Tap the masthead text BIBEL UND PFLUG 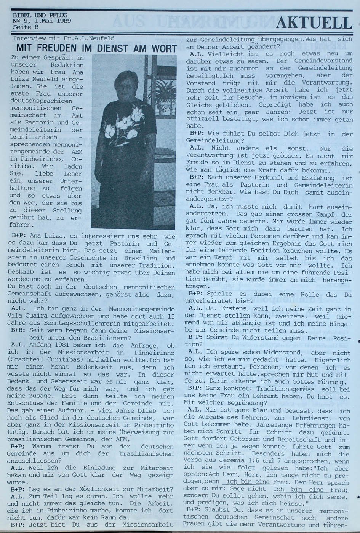pyautogui.click(x=40, y=15)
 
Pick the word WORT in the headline pyautogui.click(x=163, y=48)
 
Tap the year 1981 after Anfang pyautogui.click(x=51, y=345)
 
